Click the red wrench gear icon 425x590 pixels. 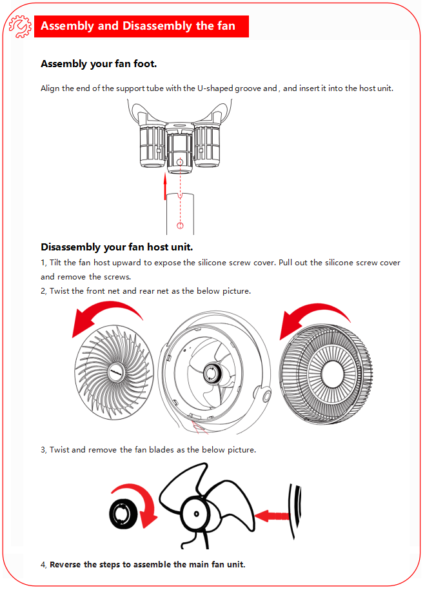point(20,26)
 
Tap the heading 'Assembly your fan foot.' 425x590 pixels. point(99,64)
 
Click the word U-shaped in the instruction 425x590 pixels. point(215,88)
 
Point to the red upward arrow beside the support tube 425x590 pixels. point(165,187)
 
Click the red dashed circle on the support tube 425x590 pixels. point(180,226)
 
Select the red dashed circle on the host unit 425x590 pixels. point(180,162)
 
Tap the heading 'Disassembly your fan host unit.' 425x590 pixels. point(117,247)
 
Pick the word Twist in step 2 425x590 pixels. point(59,291)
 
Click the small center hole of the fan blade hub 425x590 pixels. point(196,514)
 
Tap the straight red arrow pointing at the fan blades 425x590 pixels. point(272,516)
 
